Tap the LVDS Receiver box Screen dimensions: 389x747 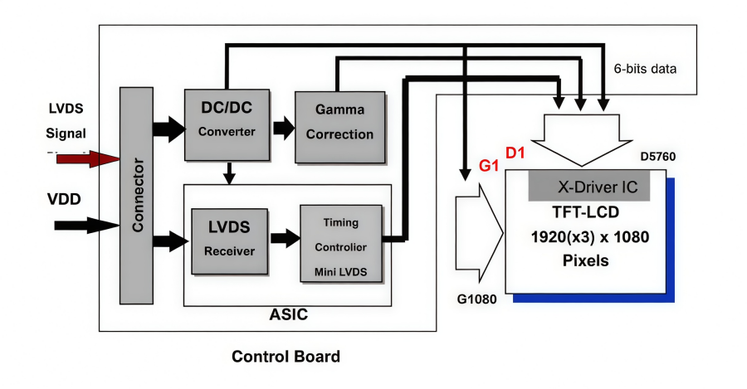coord(230,240)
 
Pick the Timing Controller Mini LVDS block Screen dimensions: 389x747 coord(341,246)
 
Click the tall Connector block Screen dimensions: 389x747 coord(137,195)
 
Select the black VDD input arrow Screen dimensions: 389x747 coord(86,225)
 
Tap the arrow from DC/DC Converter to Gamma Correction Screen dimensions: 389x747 coord(283,128)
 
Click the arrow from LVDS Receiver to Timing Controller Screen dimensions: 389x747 coord(284,240)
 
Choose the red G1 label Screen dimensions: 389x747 coord(488,166)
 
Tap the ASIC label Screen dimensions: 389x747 coord(289,315)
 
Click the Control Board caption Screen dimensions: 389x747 coord(286,357)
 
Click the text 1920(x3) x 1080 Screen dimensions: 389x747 coord(590,236)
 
